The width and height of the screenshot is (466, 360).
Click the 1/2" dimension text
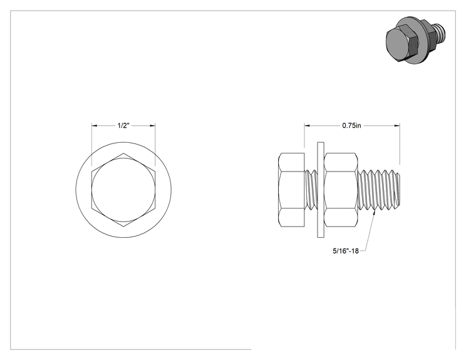coord(123,126)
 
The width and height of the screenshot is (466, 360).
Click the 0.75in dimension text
coord(351,126)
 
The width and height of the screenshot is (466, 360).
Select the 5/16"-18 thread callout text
coord(346,251)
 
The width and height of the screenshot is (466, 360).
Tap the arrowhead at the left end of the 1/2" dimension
coord(94,126)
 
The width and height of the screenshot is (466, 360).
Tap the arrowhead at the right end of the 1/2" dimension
coord(152,126)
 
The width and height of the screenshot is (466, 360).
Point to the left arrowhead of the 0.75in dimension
coord(307,126)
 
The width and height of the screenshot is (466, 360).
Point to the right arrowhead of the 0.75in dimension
coord(396,126)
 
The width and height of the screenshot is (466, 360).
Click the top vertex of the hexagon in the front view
coord(123,153)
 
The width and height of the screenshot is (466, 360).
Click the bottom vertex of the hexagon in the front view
coord(123,227)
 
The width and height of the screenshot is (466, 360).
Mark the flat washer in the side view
coord(321,190)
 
